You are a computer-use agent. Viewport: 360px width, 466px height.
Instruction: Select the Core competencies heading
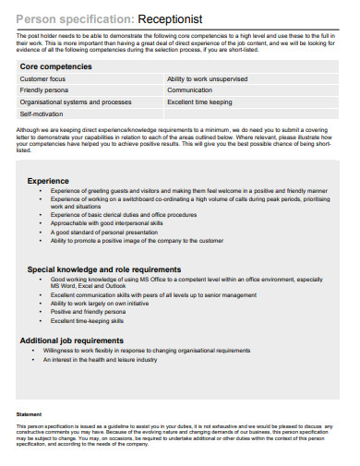click(x=56, y=67)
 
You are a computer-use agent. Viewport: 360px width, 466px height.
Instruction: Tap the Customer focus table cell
click(x=42, y=79)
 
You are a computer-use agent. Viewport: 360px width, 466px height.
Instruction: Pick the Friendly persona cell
click(x=43, y=90)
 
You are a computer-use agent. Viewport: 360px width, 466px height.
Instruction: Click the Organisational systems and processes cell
click(x=75, y=102)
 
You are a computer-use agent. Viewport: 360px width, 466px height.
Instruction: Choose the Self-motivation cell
click(x=42, y=114)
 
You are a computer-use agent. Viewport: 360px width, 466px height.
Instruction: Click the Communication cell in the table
click(x=189, y=90)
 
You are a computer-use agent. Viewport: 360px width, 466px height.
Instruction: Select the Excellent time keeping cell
click(x=199, y=102)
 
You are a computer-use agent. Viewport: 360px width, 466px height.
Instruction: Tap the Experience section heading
click(x=48, y=181)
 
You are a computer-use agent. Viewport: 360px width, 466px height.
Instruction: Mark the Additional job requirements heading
click(x=78, y=341)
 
